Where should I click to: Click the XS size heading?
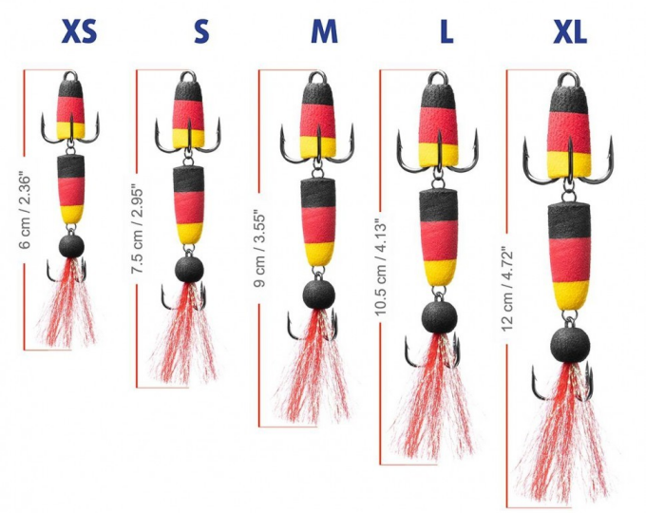80,32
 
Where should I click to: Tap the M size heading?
324,32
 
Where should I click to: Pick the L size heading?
446,32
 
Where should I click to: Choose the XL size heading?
570,32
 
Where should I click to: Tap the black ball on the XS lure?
71,246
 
